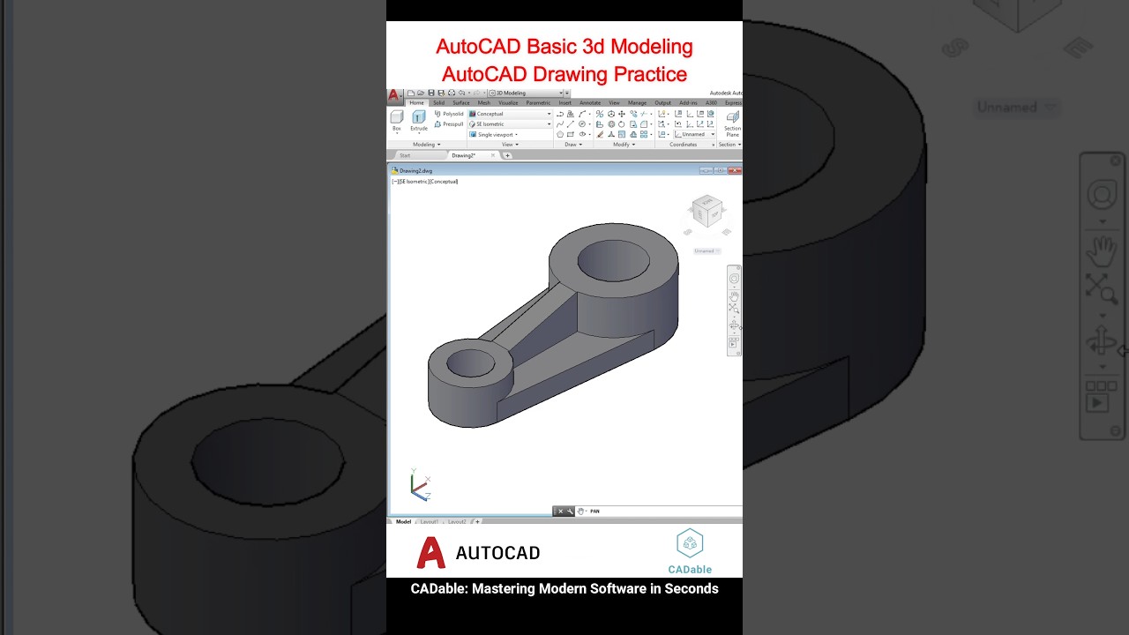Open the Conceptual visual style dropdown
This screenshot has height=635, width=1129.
tap(510, 114)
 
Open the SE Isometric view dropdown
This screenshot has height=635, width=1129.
tap(510, 124)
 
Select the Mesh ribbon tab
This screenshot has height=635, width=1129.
tap(483, 103)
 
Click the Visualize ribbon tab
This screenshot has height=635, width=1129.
tap(508, 103)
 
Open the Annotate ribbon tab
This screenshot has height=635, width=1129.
tap(590, 103)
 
